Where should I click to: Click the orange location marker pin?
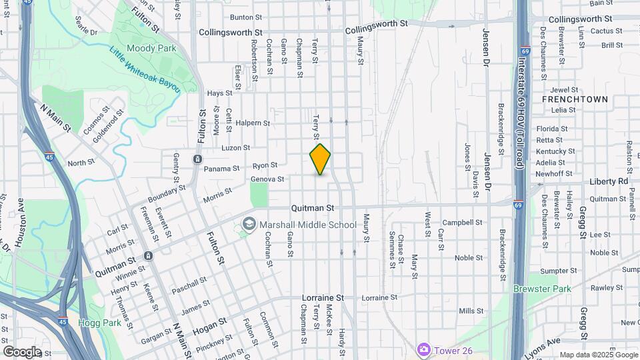point(320,159)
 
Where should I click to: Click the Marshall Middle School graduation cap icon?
point(249,224)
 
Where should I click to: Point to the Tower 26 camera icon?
point(423,349)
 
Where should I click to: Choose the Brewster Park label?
point(542,289)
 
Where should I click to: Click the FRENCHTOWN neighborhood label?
point(575,99)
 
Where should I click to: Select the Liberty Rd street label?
point(609,181)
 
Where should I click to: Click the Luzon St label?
point(235,147)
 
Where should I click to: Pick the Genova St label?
point(267,179)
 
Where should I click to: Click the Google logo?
point(22,351)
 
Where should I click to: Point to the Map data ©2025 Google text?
point(599,355)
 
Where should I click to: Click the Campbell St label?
point(462,222)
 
